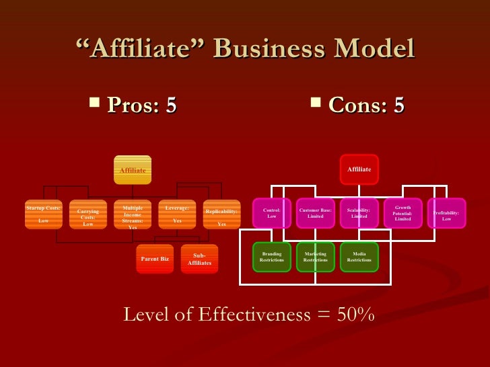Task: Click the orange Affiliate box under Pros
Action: coord(133,169)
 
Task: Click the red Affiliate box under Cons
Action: coord(359,169)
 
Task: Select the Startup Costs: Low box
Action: coord(43,214)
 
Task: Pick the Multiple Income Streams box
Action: coord(133,215)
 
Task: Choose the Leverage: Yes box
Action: coord(177,214)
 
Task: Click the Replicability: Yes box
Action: coord(221,215)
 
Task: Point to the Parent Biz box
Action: coord(155,258)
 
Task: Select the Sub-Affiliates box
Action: coord(199,259)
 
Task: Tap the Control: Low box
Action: coord(272,213)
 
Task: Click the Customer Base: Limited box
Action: coord(315,213)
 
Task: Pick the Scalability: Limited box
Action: coord(359,213)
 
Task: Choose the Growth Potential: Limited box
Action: coord(403,213)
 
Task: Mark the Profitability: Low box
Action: coord(446,213)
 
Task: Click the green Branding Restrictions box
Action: coord(272,257)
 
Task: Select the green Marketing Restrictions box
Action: coord(315,257)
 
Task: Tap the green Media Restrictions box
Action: coord(359,257)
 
